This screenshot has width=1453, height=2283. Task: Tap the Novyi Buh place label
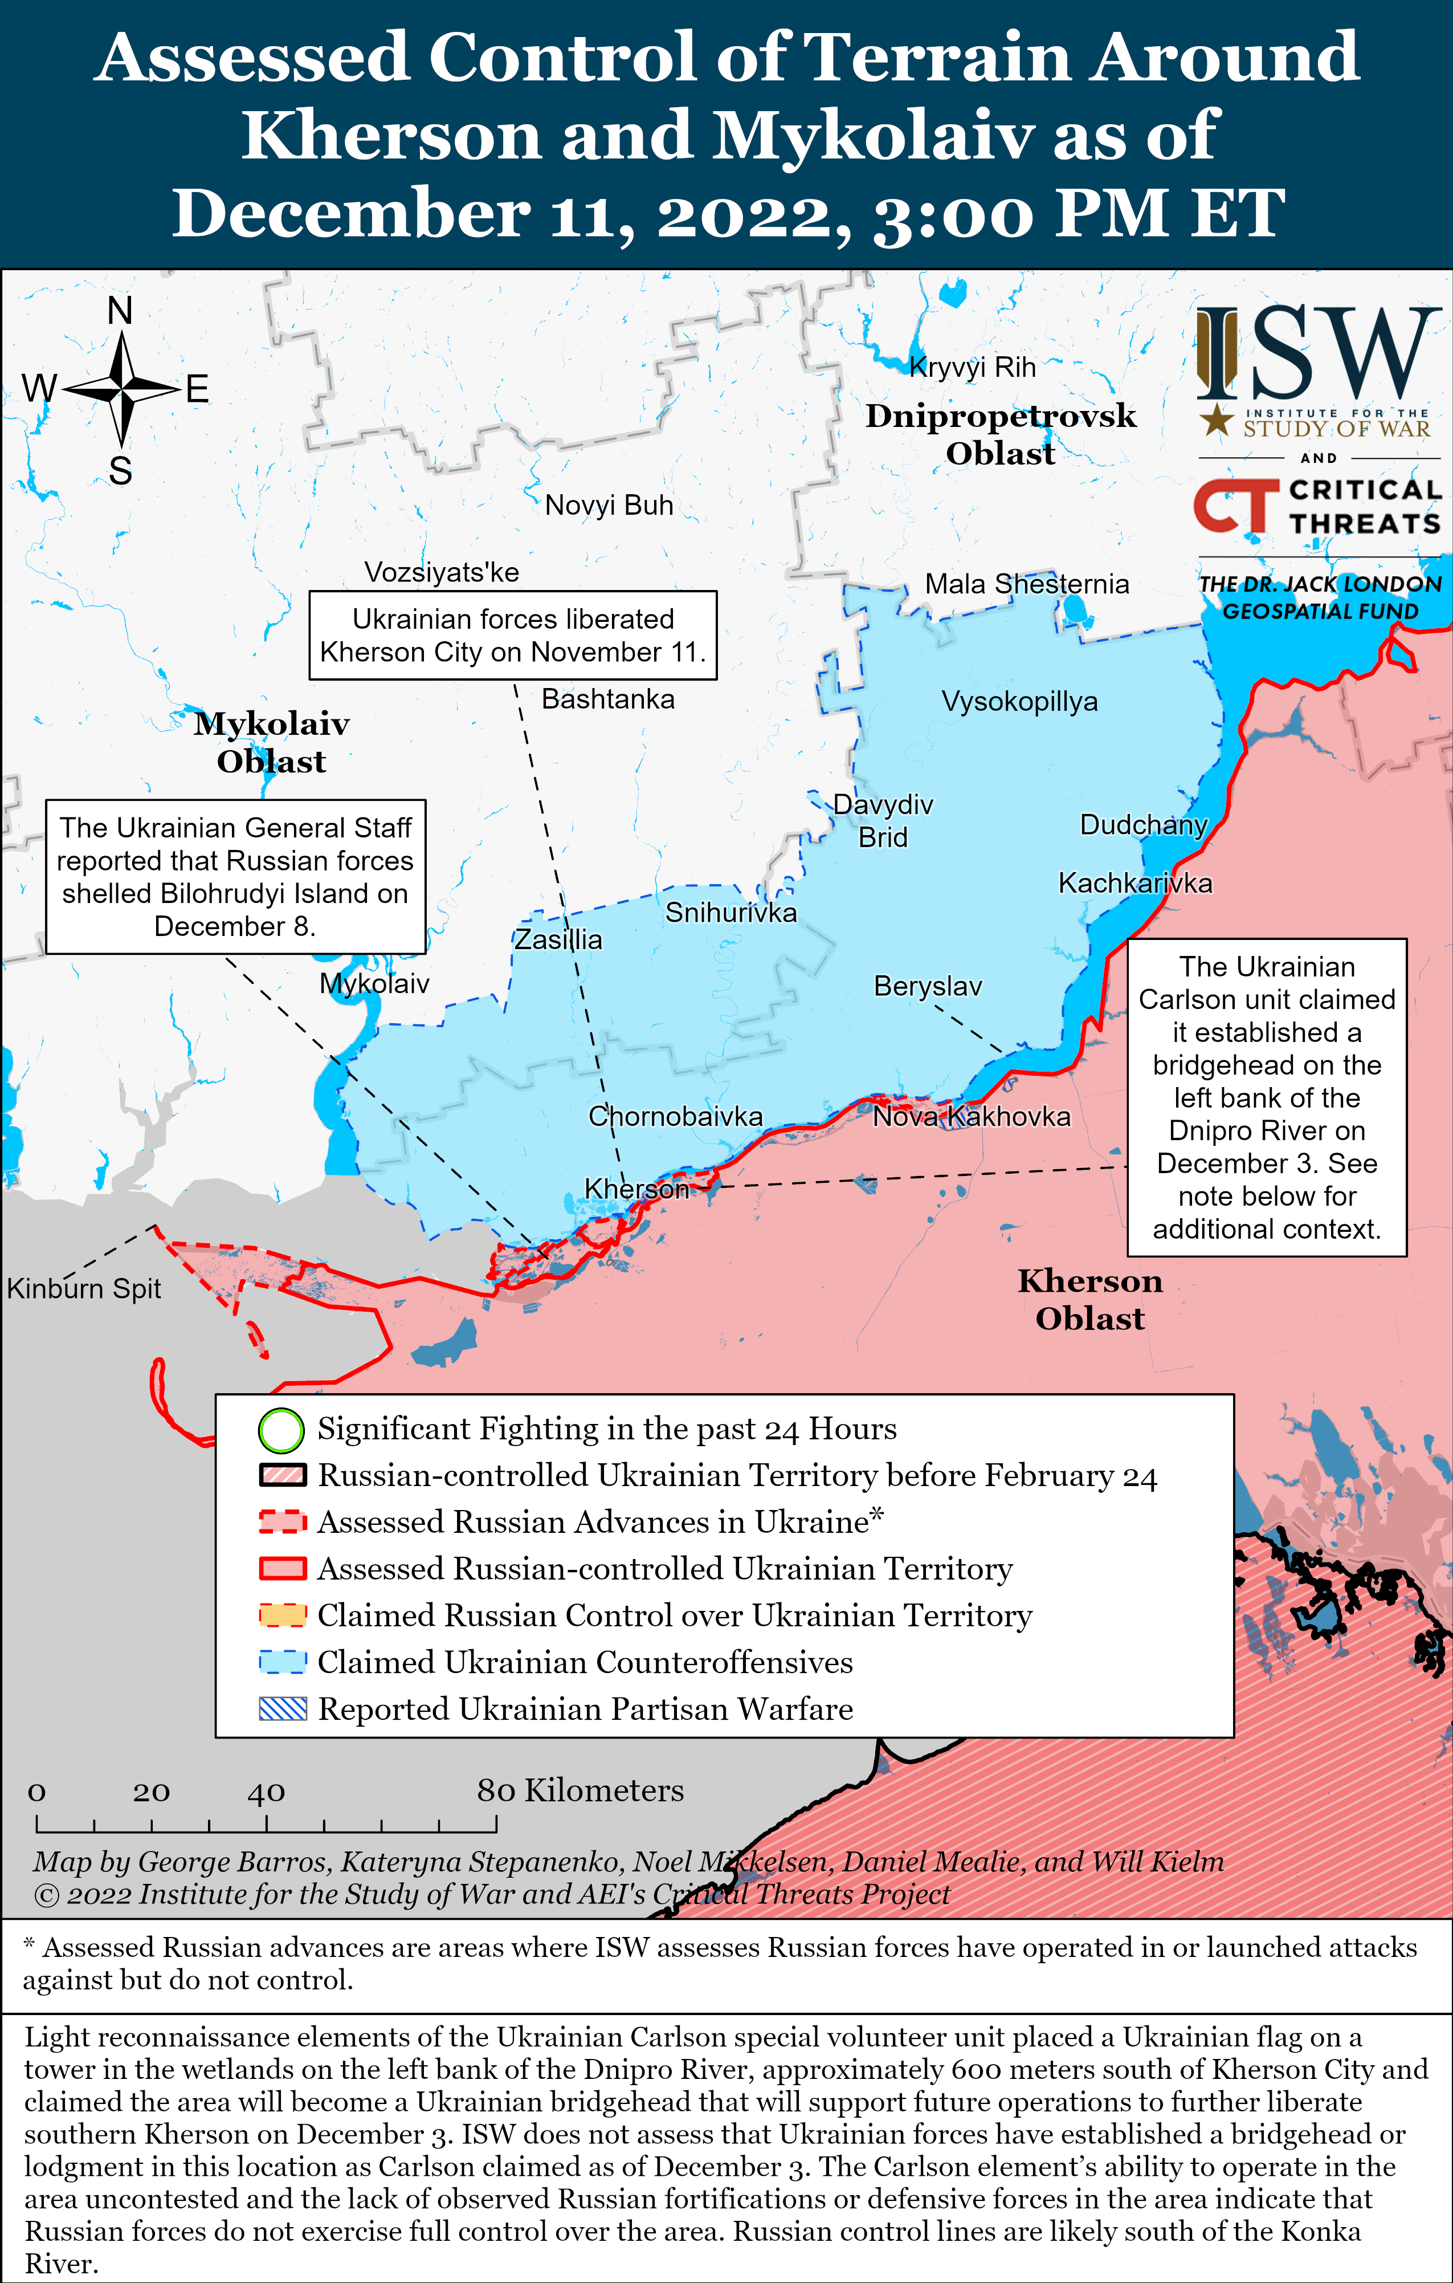coord(609,505)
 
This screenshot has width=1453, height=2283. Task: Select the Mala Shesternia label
coord(1026,584)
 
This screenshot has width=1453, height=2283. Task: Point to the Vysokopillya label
coord(1019,702)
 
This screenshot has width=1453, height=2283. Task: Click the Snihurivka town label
coord(730,913)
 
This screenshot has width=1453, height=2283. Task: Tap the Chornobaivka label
coord(675,1116)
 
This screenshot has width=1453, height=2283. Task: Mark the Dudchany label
coord(1143,825)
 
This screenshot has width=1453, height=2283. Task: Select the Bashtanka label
coord(607,699)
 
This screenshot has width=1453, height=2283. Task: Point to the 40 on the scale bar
coord(266,1792)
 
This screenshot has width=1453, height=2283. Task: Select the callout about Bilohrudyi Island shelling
coord(235,876)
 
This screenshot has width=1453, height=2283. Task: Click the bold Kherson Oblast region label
coord(1090,1299)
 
